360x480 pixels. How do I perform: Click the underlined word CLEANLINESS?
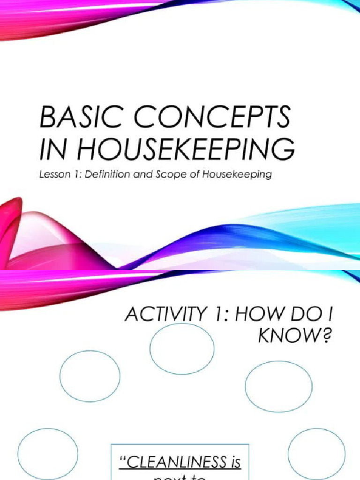coord(172,463)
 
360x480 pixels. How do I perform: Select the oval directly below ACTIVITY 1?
coord(182,348)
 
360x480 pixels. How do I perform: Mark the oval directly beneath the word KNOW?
coord(278,386)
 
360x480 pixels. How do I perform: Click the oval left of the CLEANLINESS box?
coord(48,453)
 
